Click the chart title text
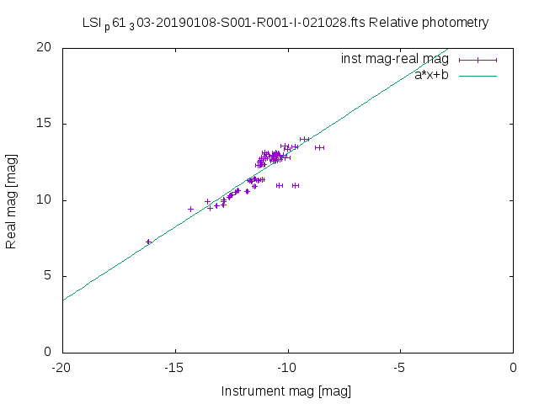(286, 23)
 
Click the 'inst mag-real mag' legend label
(395, 60)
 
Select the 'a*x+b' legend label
(432, 75)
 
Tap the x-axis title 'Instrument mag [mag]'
(286, 391)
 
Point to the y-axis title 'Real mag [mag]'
(12, 199)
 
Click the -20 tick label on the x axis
(61, 367)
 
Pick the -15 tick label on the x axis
(174, 367)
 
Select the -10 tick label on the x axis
(287, 367)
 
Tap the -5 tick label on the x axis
(400, 367)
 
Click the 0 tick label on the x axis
(513, 367)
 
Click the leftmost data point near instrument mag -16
(148, 242)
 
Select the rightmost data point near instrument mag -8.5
(319, 147)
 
